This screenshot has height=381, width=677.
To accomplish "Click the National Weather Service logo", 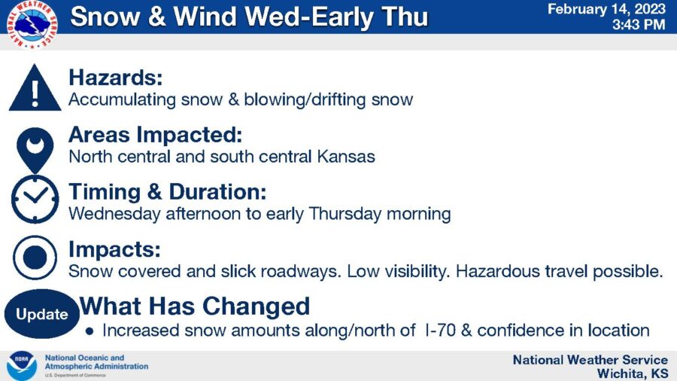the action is (32, 24).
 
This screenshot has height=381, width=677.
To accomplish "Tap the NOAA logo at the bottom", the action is (22, 366).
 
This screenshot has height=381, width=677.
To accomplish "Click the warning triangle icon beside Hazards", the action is (35, 87).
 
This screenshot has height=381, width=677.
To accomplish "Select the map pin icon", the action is (35, 150).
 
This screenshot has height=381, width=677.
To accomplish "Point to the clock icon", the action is (35, 199).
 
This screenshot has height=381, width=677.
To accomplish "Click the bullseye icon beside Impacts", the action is (35, 258).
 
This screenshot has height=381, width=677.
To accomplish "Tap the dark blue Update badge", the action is (42, 314).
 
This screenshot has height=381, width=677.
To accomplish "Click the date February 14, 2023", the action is (606, 9).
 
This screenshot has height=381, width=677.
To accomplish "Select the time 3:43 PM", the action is (639, 24).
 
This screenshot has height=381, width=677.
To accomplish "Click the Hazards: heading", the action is (116, 78).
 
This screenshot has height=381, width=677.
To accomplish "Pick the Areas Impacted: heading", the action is (156, 134).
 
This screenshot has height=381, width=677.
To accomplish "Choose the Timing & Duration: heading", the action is (168, 192).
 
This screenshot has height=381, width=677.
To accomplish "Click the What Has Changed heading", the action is (195, 306).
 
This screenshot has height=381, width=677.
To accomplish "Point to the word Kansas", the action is (346, 157).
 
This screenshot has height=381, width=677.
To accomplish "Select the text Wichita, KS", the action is (633, 373).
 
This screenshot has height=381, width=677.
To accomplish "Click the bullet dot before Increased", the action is (90, 332).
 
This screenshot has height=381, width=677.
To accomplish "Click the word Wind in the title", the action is (205, 17).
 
